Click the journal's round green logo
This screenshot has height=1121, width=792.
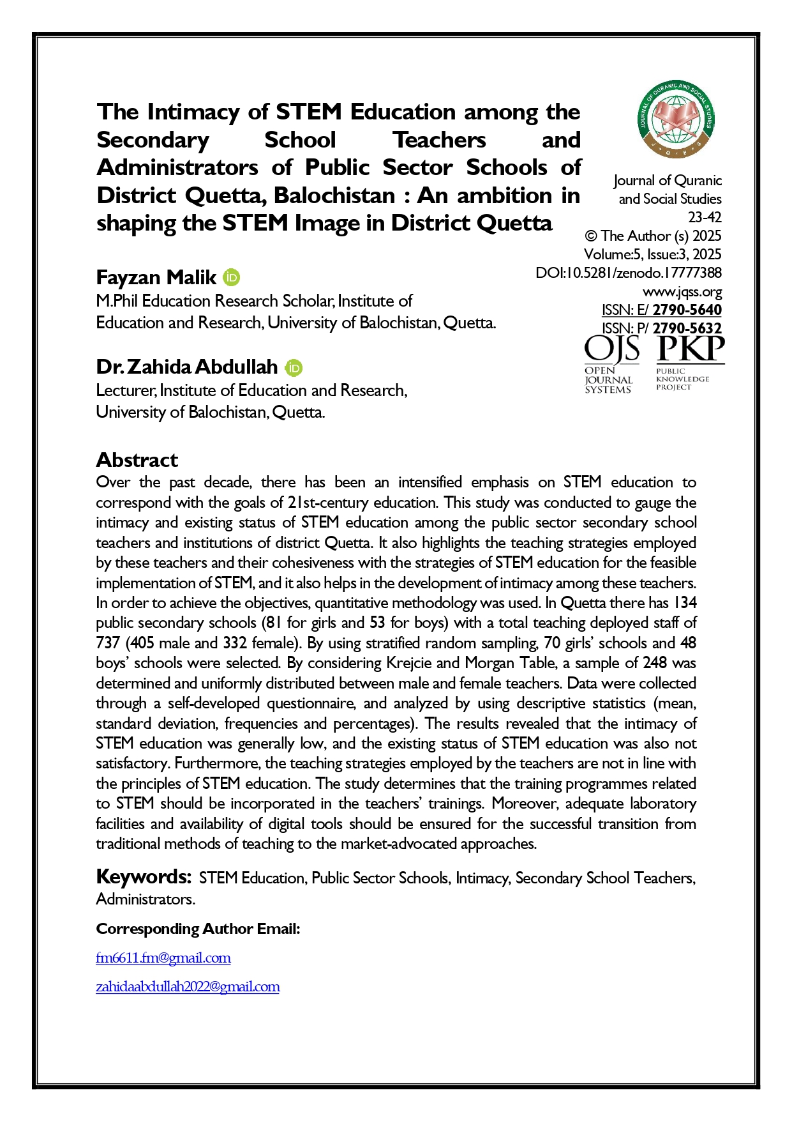[676, 120]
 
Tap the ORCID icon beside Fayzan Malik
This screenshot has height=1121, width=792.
[232, 278]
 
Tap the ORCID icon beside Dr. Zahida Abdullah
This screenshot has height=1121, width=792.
[294, 368]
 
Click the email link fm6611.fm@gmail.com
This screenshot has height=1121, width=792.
[163, 958]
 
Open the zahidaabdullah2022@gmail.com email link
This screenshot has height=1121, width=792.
[188, 987]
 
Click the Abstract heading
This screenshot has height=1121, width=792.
[137, 460]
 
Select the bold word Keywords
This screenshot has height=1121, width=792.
[144, 877]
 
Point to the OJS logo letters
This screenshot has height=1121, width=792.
[612, 349]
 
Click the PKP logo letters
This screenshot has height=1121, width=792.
[691, 349]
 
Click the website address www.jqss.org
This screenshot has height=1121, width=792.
[682, 292]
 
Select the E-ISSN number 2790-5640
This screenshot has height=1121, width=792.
[687, 310]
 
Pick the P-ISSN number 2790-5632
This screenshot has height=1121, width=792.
[687, 328]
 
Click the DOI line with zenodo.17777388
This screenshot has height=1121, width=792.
[629, 273]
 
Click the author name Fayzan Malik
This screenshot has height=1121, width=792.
[156, 278]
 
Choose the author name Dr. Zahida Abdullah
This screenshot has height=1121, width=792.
[187, 367]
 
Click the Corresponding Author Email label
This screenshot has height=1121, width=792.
[198, 929]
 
